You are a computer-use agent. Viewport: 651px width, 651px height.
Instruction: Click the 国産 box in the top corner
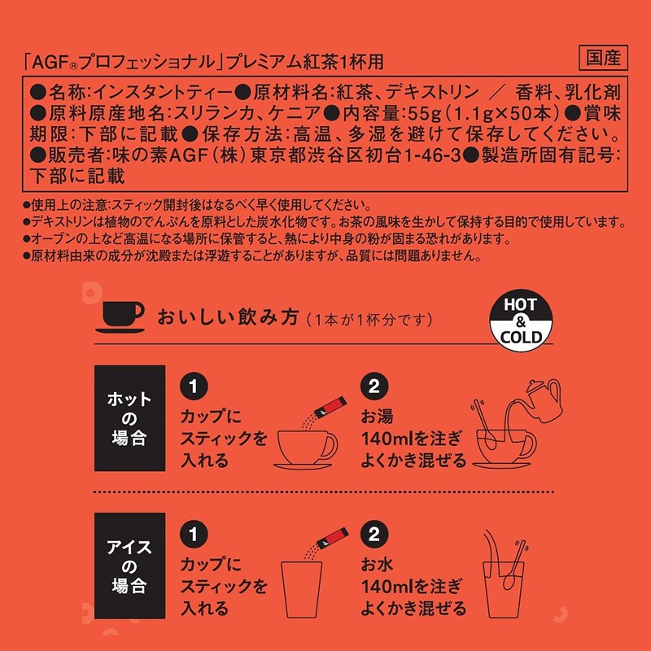pyautogui.click(x=603, y=58)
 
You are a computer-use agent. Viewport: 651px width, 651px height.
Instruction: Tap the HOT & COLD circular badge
pyautogui.click(x=521, y=321)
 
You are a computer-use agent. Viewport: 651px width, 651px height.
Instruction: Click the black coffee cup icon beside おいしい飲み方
pyautogui.click(x=120, y=317)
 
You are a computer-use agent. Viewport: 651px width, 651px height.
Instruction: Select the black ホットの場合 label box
pyautogui.click(x=130, y=418)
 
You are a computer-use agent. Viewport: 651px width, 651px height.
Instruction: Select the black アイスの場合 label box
pyautogui.click(x=130, y=566)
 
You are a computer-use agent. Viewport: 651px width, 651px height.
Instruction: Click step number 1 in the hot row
pyautogui.click(x=194, y=386)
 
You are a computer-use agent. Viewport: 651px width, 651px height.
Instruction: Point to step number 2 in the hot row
pyautogui.click(x=374, y=386)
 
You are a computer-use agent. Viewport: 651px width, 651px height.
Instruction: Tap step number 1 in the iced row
pyautogui.click(x=194, y=534)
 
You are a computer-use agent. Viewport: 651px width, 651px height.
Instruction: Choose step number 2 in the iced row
pyautogui.click(x=374, y=534)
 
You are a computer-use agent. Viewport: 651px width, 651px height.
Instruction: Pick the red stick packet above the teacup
pyautogui.click(x=330, y=407)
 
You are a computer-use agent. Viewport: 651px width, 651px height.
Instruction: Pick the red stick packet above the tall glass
pyautogui.click(x=332, y=539)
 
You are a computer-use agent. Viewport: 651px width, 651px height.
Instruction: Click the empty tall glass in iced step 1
pyautogui.click(x=301, y=589)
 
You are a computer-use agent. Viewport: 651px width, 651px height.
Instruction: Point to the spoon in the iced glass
pyautogui.click(x=514, y=566)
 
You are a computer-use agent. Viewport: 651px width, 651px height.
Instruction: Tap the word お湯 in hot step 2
pyautogui.click(x=377, y=417)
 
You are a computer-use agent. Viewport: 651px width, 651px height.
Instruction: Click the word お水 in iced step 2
pyautogui.click(x=377, y=564)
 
